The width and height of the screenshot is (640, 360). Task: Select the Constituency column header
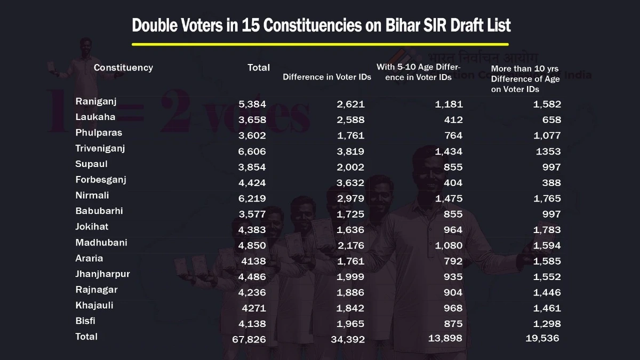[x=123, y=68]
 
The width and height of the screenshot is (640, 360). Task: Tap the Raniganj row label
[x=96, y=101]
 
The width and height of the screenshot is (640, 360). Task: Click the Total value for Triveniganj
[x=252, y=151]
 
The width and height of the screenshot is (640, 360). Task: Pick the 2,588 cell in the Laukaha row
[x=350, y=120]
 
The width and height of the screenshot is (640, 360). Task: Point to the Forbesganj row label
[x=101, y=180]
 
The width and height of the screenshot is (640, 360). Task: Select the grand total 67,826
[x=249, y=339]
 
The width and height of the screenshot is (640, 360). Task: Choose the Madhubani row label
[x=101, y=243]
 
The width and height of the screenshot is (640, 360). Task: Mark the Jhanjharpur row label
[x=102, y=274]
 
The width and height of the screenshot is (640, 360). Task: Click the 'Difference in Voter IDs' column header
[x=327, y=77]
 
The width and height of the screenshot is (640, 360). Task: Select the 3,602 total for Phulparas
[x=252, y=135]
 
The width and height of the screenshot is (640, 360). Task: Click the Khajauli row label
[x=94, y=306]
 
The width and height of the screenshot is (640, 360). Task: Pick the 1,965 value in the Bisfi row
[x=350, y=324]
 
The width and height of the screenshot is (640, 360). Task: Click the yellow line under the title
[x=320, y=44]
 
